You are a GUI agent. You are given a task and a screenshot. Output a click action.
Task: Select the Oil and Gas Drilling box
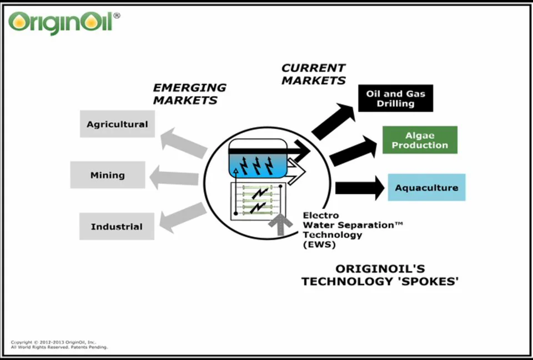pyautogui.click(x=395, y=98)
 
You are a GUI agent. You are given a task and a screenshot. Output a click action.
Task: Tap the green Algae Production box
pyautogui.click(x=419, y=140)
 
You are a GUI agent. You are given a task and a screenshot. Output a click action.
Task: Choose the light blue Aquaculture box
pyautogui.click(x=426, y=188)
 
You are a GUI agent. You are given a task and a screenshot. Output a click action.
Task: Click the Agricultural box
pyautogui.click(x=117, y=124)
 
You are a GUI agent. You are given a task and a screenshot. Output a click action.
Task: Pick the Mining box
pyautogui.click(x=108, y=175)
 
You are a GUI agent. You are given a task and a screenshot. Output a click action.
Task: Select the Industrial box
pyautogui.click(x=117, y=226)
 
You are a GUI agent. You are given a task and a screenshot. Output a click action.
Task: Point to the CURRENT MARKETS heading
pyautogui.click(x=313, y=74)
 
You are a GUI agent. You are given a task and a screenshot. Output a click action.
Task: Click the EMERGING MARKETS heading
pyautogui.click(x=189, y=94)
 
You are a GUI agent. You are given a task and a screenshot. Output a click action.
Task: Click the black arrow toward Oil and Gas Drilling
pyautogui.click(x=333, y=122)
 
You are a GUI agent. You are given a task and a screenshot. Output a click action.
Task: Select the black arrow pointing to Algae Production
pyautogui.click(x=353, y=151)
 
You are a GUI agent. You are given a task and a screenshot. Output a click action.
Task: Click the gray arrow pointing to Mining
pyautogui.click(x=174, y=177)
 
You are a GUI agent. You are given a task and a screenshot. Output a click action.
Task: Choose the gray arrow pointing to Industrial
pyautogui.click(x=183, y=217)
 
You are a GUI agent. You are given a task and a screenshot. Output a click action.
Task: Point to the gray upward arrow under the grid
pyautogui.click(x=280, y=225)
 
